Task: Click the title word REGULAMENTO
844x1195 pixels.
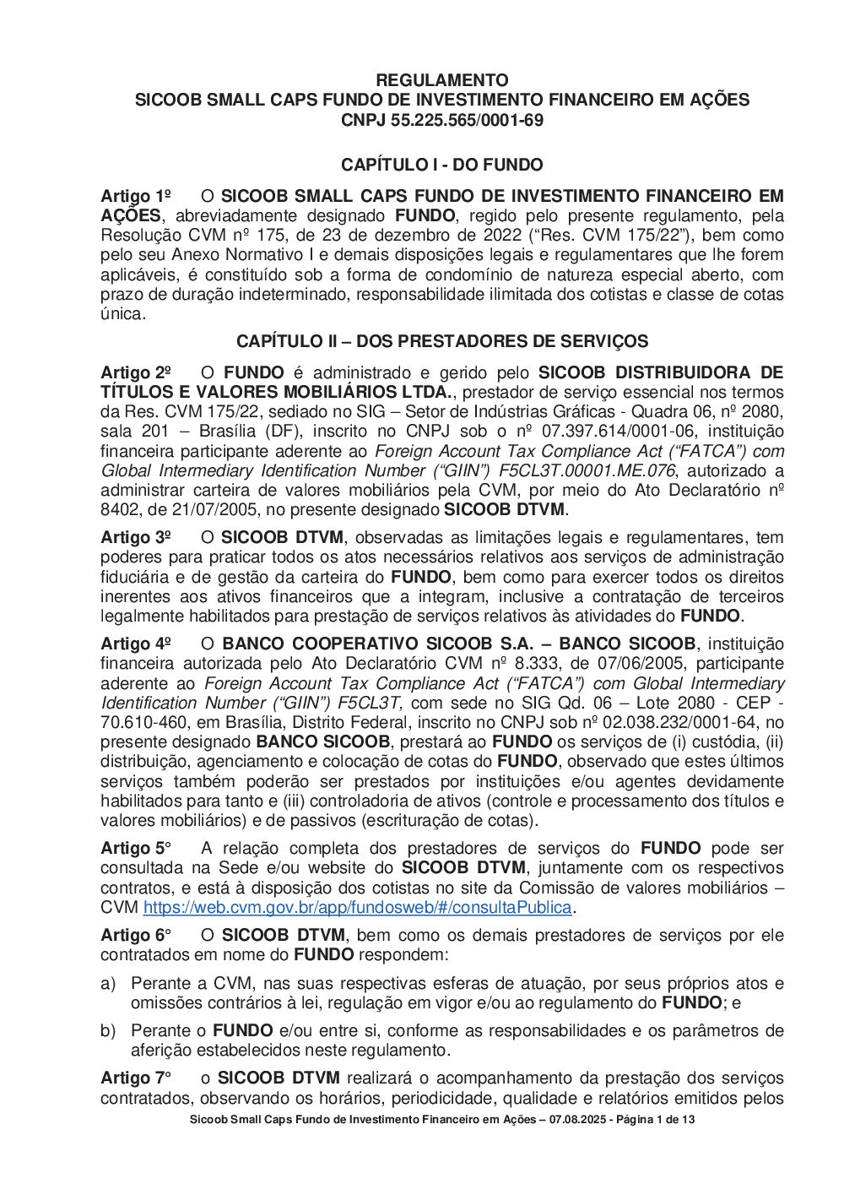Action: coord(442,80)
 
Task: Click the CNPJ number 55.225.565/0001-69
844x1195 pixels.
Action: coord(467,120)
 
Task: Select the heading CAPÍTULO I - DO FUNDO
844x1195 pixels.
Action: coord(442,165)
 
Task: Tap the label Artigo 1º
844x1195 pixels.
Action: coord(136,197)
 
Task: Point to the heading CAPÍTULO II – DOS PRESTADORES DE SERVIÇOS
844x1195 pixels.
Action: coord(442,341)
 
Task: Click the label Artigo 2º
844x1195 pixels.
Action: coord(136,373)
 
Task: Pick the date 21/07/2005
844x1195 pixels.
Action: coord(217,510)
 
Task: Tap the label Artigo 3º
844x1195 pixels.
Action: coord(136,538)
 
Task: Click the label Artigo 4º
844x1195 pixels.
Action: coord(136,644)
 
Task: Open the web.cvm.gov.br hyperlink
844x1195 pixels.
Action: coord(358,908)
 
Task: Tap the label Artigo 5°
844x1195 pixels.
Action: coord(136,849)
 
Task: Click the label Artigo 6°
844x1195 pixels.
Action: coord(136,936)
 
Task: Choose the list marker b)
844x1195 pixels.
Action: coord(108,1031)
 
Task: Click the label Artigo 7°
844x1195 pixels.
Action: coord(136,1078)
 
